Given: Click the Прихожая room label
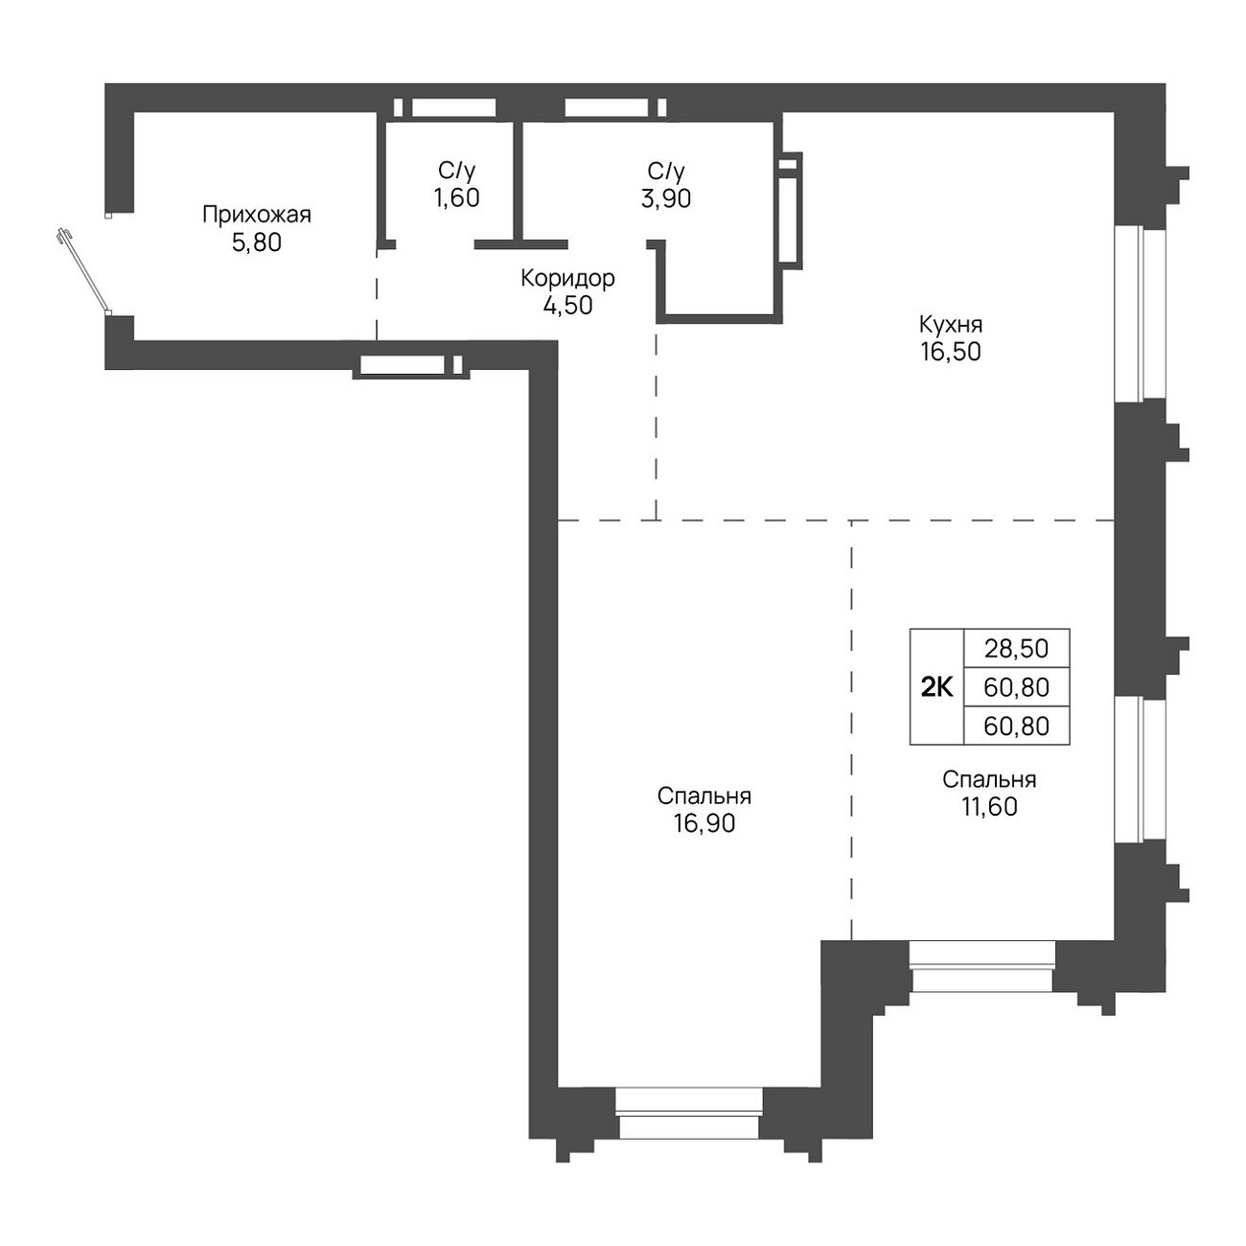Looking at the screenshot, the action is [257, 214].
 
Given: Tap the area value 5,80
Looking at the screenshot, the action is [257, 242].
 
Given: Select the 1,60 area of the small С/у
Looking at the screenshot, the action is [457, 197].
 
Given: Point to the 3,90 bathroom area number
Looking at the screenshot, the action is [666, 197].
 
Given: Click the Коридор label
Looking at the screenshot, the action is [567, 279].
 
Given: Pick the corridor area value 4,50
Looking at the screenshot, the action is [567, 305].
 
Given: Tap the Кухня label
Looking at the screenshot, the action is [951, 323].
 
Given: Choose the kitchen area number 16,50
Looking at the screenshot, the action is [951, 351].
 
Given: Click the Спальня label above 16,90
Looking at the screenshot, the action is [704, 796].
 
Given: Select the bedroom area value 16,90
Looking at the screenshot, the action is [704, 823].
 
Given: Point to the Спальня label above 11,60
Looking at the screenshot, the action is [989, 779].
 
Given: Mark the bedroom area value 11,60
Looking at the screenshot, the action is [989, 806].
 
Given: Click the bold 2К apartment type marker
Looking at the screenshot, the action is [937, 688].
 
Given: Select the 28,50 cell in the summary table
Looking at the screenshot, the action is [1017, 648].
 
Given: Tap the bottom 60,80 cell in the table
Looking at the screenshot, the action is [1017, 727].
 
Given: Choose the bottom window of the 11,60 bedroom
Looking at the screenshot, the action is [982, 966].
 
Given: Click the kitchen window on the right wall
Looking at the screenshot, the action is [1141, 313].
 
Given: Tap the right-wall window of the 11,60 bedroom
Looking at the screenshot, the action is [1141, 770].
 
